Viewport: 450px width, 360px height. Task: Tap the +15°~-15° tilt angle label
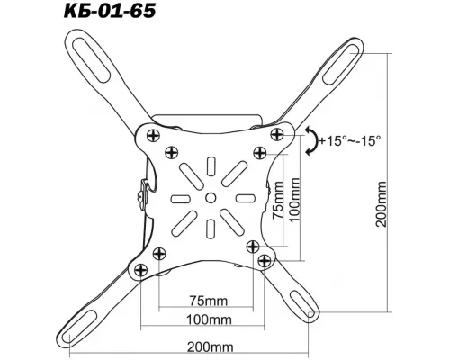349,140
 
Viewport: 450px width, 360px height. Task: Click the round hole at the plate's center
210,196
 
